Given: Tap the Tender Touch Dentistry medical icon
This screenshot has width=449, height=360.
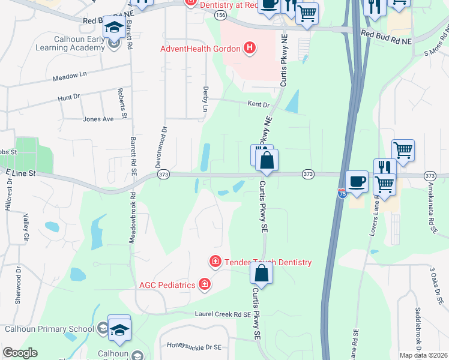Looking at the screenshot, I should click(x=215, y=262).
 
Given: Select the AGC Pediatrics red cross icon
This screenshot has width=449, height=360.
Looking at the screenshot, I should click(x=205, y=284).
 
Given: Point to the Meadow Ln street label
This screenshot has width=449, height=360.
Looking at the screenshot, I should click(x=70, y=77).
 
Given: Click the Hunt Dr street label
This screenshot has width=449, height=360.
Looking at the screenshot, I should click(x=68, y=97).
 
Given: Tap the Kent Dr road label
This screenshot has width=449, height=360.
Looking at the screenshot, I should click(x=259, y=104).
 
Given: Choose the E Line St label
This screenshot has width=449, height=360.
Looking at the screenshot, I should click(x=22, y=173).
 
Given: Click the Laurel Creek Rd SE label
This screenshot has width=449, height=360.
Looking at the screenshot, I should click(x=222, y=314).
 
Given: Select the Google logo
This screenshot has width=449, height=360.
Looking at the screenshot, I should click(x=20, y=353).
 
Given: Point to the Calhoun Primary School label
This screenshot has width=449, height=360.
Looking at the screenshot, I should click(x=49, y=328).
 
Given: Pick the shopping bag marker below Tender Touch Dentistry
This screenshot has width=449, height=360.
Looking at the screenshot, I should click(x=262, y=273).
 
